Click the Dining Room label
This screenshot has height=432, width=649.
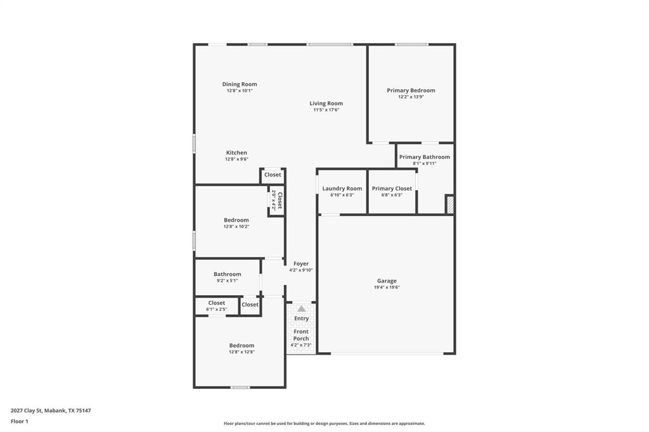click(240, 84)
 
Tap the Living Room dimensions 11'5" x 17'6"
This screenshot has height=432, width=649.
click(326, 110)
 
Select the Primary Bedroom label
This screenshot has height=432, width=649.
click(411, 91)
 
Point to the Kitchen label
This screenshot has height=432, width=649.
click(236, 153)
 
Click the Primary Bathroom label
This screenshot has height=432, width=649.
click(424, 157)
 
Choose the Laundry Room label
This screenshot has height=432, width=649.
click(342, 189)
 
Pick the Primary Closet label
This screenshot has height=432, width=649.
click(392, 189)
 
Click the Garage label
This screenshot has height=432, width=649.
click(387, 281)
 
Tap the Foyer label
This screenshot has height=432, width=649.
click(301, 264)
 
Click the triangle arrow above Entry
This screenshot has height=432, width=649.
click(302, 309)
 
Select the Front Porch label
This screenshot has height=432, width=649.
click(301, 335)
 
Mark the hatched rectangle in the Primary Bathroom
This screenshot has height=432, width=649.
click(450, 204)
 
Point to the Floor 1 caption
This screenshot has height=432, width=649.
click(20, 421)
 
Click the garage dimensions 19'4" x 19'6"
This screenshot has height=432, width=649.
click(387, 288)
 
